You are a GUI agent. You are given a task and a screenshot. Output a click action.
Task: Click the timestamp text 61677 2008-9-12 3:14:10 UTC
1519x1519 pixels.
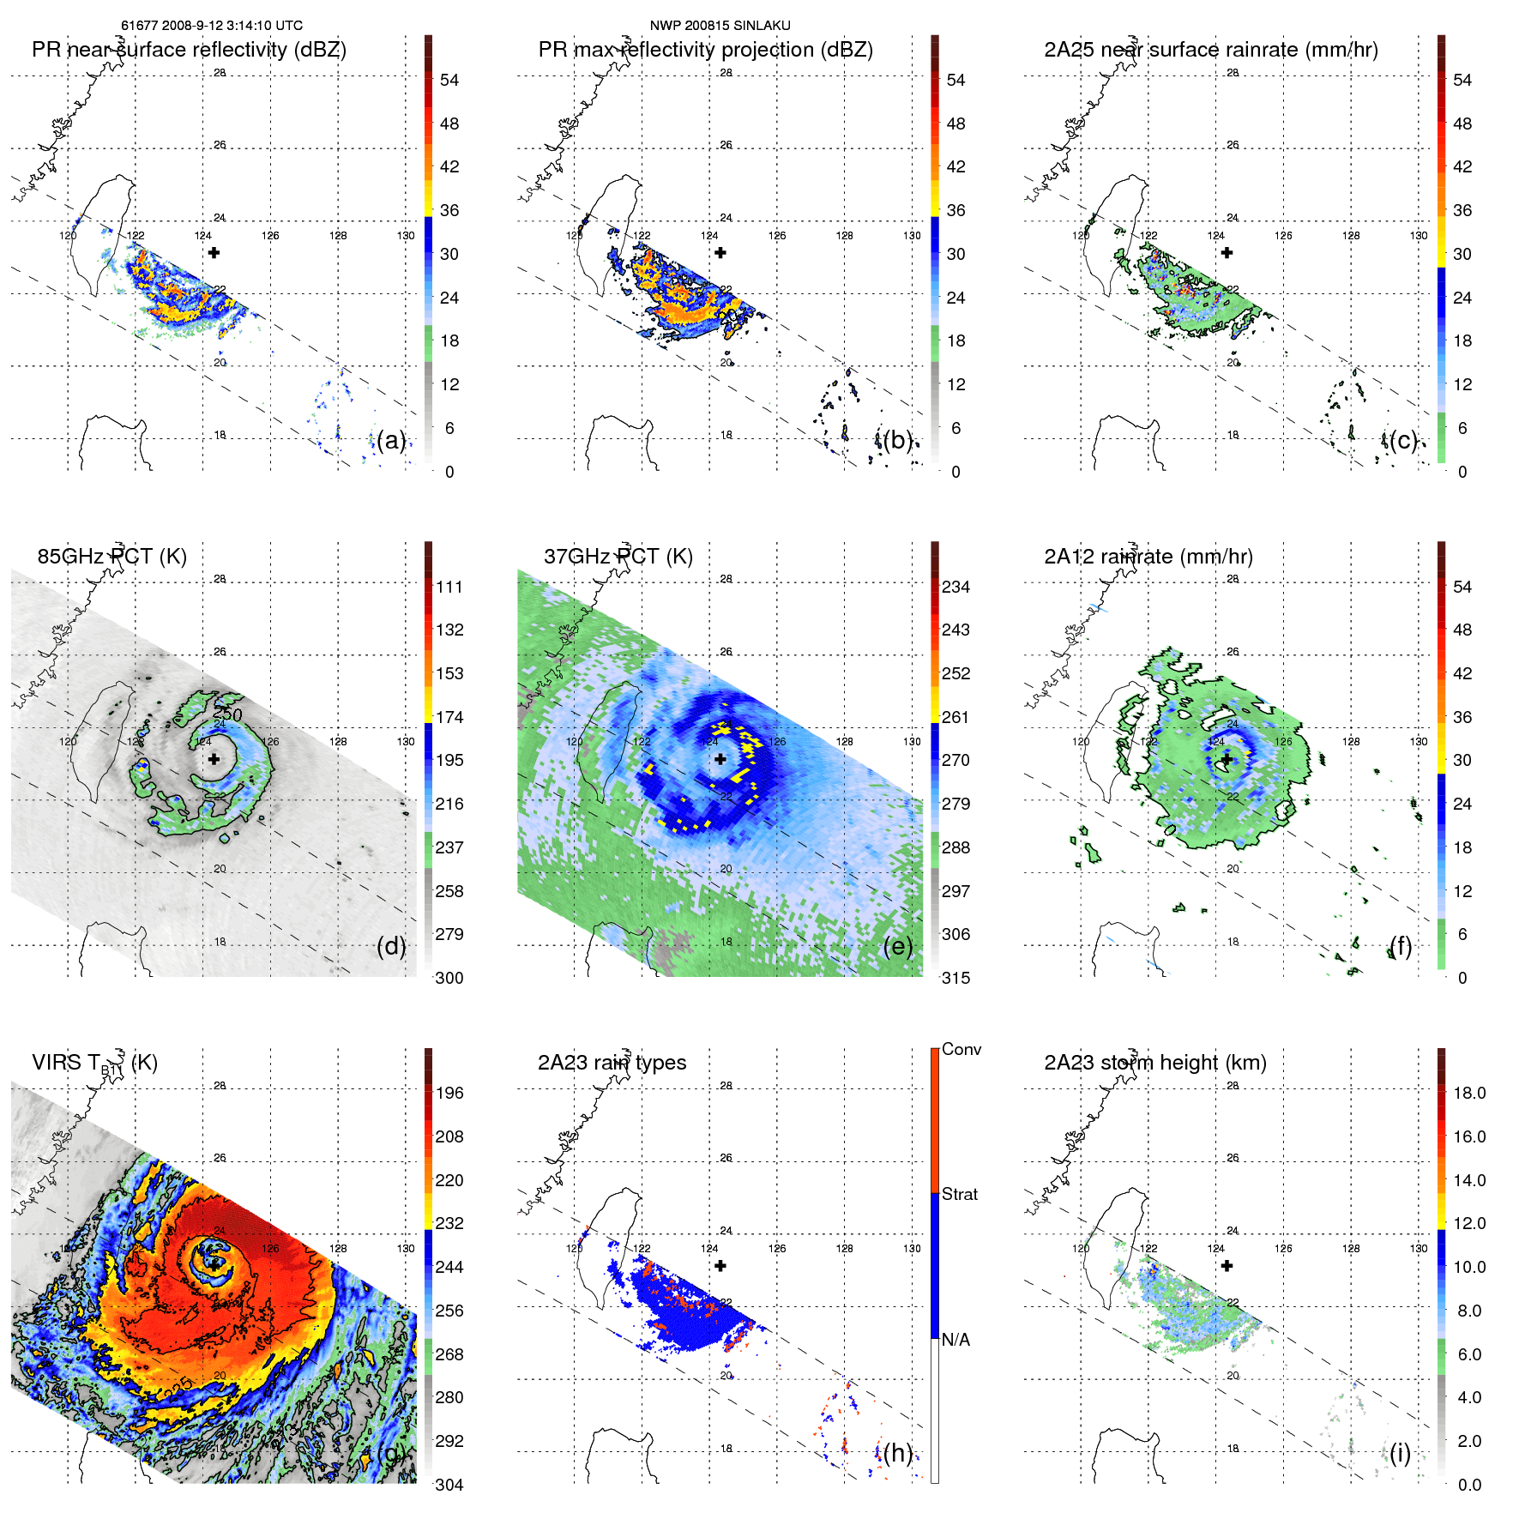(211, 26)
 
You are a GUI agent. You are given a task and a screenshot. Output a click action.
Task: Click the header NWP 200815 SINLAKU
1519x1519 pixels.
(720, 26)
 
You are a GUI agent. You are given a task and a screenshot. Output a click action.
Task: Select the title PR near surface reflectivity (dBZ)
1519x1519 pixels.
(189, 50)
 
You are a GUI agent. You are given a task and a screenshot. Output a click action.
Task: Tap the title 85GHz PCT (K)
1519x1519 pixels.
(112, 557)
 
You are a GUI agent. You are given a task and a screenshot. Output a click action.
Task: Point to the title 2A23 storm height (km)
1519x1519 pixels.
(1154, 1063)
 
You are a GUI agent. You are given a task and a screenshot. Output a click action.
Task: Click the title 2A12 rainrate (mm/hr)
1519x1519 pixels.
(1148, 557)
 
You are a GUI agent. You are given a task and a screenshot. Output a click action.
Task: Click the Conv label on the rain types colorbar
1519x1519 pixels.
(961, 1049)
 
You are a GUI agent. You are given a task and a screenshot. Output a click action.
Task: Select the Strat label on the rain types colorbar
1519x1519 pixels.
(959, 1194)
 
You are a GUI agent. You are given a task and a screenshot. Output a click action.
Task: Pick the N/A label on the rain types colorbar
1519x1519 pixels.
(955, 1340)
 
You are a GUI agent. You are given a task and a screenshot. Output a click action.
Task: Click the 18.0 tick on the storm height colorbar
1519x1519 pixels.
(1468, 1093)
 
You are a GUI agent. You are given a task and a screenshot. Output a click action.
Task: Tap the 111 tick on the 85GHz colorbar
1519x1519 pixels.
(449, 587)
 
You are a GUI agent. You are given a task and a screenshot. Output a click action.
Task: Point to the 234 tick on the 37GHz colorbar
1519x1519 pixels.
(955, 587)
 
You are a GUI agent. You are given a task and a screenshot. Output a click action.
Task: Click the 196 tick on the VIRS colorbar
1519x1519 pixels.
(449, 1093)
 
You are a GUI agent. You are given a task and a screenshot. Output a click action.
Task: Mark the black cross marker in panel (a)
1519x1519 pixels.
(214, 252)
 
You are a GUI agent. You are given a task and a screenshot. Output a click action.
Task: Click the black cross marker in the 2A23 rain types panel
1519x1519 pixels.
(720, 1265)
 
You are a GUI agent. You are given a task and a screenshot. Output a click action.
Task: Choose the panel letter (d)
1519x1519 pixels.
(390, 946)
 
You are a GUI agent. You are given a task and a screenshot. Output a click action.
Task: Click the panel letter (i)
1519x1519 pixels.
(1400, 1453)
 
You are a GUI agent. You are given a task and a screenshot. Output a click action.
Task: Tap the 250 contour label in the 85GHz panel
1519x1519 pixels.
(227, 714)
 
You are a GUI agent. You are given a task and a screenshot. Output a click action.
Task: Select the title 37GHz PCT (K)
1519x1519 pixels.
(618, 557)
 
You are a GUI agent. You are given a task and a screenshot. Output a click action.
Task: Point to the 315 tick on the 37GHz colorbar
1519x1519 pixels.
(955, 978)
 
